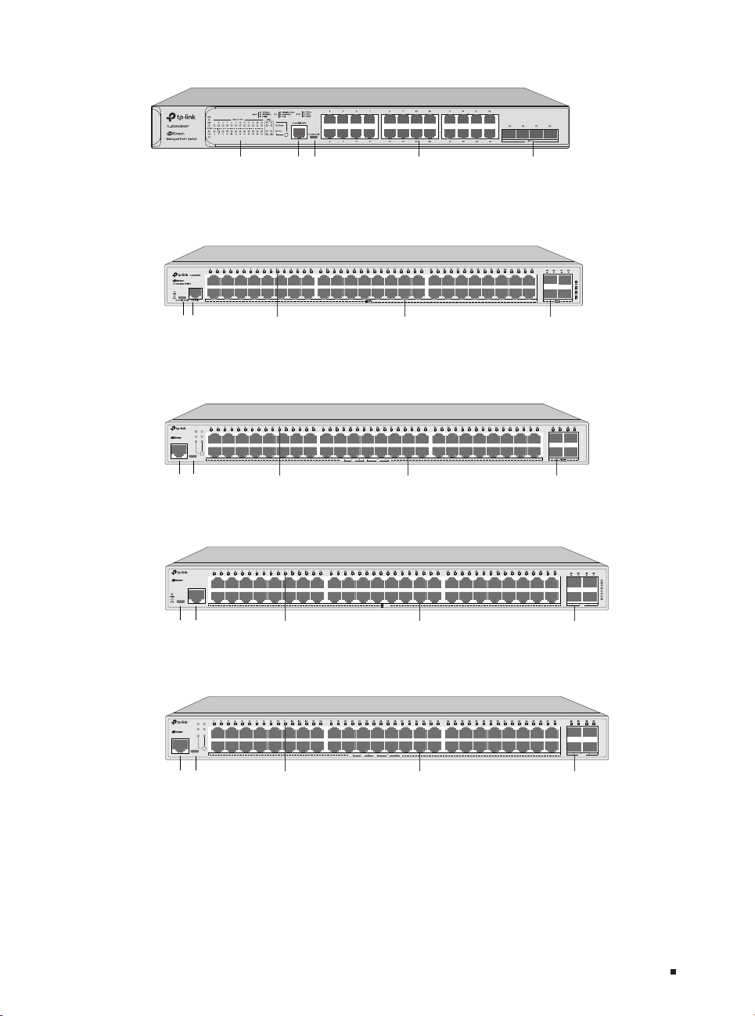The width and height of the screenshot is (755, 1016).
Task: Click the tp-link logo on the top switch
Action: pyautogui.click(x=182, y=117)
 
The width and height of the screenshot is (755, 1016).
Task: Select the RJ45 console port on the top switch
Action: pyautogui.click(x=298, y=131)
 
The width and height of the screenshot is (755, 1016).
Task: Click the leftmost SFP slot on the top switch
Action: pyautogui.click(x=509, y=135)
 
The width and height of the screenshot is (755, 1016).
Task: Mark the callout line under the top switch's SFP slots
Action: pyautogui.click(x=533, y=153)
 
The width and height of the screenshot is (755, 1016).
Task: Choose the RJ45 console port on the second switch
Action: pyautogui.click(x=196, y=293)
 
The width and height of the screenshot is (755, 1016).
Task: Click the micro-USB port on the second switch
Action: pyautogui.click(x=182, y=298)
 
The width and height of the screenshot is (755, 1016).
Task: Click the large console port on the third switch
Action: pyautogui.click(x=179, y=451)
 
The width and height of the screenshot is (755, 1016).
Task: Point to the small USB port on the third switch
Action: pyautogui.click(x=193, y=454)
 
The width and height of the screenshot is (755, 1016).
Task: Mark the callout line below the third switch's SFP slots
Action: pyautogui.click(x=556, y=469)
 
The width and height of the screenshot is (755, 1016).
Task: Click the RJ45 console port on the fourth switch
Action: pyautogui.click(x=197, y=595)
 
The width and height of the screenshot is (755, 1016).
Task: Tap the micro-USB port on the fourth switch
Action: pyautogui.click(x=182, y=601)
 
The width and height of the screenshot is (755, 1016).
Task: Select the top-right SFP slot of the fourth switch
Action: pyautogui.click(x=590, y=582)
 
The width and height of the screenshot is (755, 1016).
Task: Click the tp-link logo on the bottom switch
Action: pyautogui.click(x=182, y=722)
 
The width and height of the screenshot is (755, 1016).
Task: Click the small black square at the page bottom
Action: pyautogui.click(x=671, y=972)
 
